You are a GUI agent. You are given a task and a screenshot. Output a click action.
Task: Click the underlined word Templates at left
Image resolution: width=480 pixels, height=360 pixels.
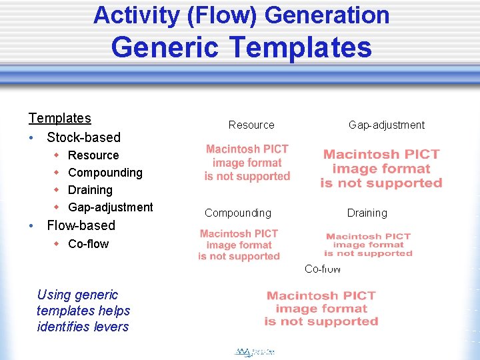point(59,119)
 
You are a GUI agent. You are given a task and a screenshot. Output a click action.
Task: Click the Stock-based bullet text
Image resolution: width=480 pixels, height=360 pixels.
point(83,138)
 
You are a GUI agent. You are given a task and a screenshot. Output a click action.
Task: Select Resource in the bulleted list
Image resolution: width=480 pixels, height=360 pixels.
point(93,155)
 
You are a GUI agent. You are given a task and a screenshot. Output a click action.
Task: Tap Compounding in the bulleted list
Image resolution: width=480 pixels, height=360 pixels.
point(105,173)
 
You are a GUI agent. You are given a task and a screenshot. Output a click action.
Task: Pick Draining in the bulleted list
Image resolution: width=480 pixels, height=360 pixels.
point(90,190)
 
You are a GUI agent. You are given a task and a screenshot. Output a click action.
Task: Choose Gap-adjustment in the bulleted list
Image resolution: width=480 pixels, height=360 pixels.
point(111,207)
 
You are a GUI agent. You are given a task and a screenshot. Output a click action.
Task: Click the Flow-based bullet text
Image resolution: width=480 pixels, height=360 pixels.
point(81,225)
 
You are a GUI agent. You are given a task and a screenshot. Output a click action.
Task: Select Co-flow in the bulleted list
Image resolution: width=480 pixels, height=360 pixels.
point(88,244)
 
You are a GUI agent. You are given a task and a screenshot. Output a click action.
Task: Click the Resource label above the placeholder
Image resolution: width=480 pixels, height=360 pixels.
point(251,125)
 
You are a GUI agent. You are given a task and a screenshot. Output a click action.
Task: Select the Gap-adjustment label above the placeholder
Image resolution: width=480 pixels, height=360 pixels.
point(386,125)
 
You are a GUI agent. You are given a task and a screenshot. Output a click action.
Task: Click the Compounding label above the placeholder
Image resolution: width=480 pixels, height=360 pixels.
point(238,213)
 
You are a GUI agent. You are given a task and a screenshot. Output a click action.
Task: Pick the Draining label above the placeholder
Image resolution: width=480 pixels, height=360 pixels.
point(367,213)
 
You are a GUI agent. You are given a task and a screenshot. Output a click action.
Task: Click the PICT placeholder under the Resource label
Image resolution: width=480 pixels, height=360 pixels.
point(247,163)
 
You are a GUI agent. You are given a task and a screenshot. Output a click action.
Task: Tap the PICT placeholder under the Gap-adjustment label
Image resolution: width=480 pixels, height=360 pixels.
point(381,169)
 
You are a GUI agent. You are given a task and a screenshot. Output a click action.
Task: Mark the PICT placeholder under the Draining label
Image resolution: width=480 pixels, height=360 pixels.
point(369,245)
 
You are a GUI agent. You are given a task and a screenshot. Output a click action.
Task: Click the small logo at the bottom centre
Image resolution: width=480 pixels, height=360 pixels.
point(255,351)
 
